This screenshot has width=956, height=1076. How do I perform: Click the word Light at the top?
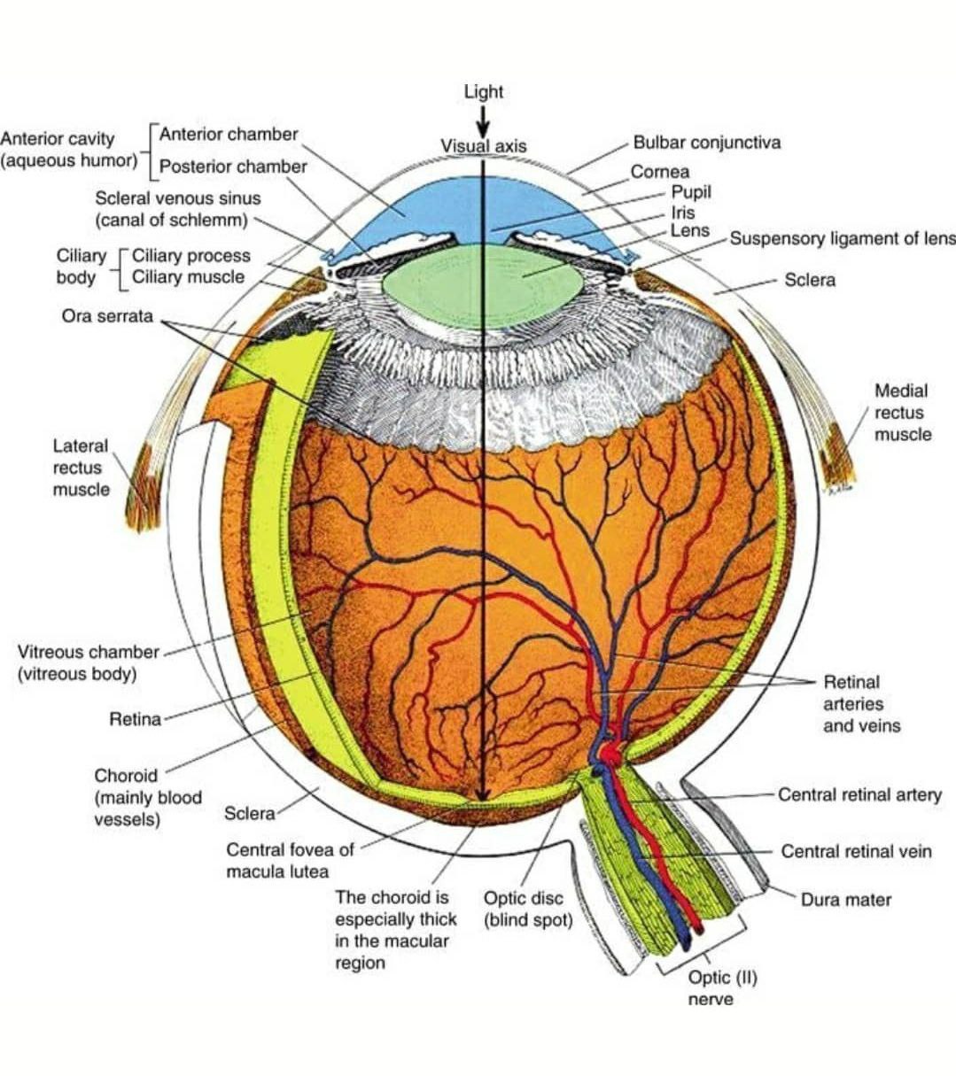pyautogui.click(x=483, y=91)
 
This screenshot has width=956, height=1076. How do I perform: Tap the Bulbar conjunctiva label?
pyautogui.click(x=706, y=142)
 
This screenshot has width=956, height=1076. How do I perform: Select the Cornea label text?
pyautogui.click(x=659, y=172)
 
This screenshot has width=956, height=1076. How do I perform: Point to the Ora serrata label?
pyautogui.click(x=107, y=316)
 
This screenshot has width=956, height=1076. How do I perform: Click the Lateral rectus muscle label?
pyautogui.click(x=81, y=468)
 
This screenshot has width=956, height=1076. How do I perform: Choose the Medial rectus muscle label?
pyautogui.click(x=902, y=412)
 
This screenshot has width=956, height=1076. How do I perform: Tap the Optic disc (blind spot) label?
pyautogui.click(x=528, y=910)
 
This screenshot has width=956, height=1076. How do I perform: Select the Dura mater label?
pyautogui.click(x=845, y=900)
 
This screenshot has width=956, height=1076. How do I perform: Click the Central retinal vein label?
pyautogui.click(x=855, y=851)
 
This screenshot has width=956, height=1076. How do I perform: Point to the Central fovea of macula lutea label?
pyautogui.click(x=290, y=860)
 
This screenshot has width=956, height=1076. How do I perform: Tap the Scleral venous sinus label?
pyautogui.click(x=177, y=209)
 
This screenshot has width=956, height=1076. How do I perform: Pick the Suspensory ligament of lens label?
pyautogui.click(x=842, y=238)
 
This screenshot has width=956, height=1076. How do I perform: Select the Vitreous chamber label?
pyautogui.click(x=88, y=662)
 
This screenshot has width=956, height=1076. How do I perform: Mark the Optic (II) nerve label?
pyautogui.click(x=711, y=987)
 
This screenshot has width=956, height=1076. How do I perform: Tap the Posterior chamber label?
pyautogui.click(x=233, y=166)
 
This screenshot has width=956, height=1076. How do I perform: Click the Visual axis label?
pyautogui.click(x=483, y=146)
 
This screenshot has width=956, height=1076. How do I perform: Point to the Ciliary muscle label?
pyautogui.click(x=188, y=277)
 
